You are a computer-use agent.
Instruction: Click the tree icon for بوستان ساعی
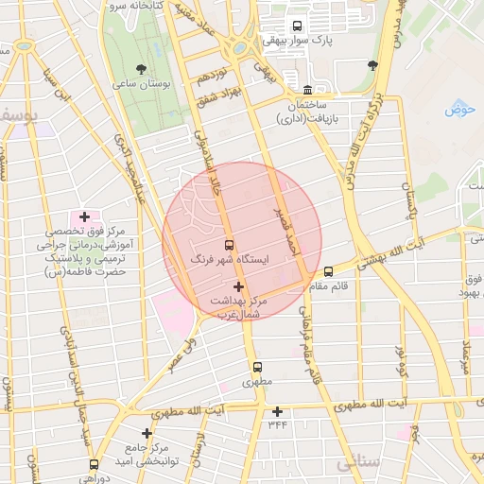[141, 69]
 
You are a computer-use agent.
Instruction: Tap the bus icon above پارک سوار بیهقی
[298, 26]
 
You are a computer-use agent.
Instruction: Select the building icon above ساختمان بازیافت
[307, 89]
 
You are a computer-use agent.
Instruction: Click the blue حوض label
[458, 109]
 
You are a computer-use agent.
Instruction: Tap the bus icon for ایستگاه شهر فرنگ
[228, 245]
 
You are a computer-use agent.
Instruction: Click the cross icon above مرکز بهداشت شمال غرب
[237, 285]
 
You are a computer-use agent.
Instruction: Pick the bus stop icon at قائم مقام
[328, 272]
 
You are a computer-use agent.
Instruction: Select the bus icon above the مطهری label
[256, 368]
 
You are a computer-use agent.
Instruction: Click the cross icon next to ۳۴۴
[277, 411]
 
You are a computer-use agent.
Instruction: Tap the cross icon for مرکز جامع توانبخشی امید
[147, 433]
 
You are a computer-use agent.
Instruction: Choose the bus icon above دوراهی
[94, 464]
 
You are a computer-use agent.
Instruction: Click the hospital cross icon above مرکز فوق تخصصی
[84, 216]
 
